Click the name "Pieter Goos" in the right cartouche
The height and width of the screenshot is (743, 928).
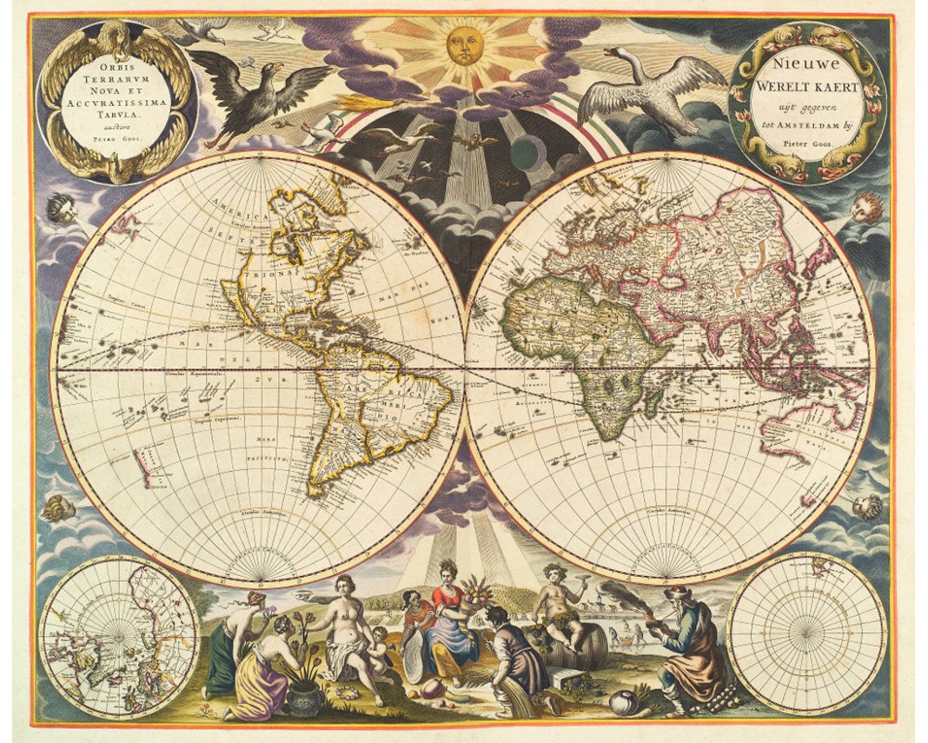pyautogui.click(x=805, y=142)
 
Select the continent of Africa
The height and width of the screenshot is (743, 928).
pyautogui.click(x=586, y=342)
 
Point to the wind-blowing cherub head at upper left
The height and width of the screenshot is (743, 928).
pyautogui.click(x=62, y=208)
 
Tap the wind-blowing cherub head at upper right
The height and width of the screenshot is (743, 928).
pyautogui.click(x=866, y=208)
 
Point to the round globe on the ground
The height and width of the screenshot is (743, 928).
pyautogui.click(x=623, y=702)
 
